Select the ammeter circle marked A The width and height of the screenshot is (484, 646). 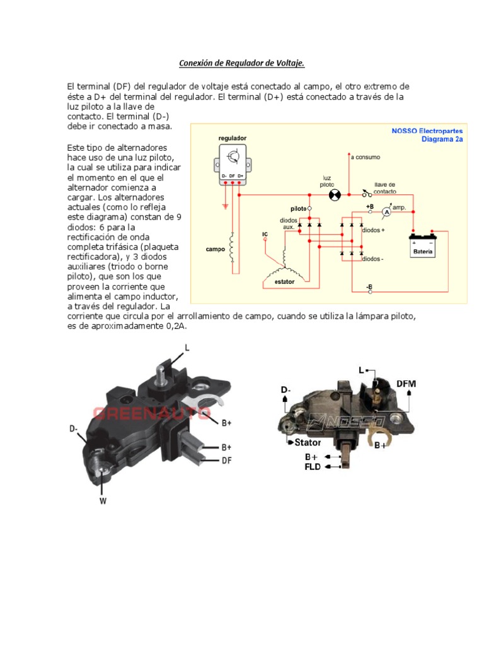[x=388, y=213]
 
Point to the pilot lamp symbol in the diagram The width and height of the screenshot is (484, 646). [x=335, y=195]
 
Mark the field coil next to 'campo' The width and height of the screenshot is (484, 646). [x=232, y=249]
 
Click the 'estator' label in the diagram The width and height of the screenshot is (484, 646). [x=284, y=282]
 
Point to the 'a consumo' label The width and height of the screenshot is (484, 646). [x=366, y=156]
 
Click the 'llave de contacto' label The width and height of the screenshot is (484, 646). [x=385, y=187]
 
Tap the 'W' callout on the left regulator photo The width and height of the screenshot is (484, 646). [x=101, y=502]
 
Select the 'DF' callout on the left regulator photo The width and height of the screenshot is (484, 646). [x=226, y=461]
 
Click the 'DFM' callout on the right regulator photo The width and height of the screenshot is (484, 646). [x=406, y=384]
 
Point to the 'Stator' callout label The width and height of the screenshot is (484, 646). [x=308, y=442]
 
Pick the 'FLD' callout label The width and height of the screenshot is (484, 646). [x=313, y=467]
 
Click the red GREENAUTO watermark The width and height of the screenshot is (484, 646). [x=151, y=413]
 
